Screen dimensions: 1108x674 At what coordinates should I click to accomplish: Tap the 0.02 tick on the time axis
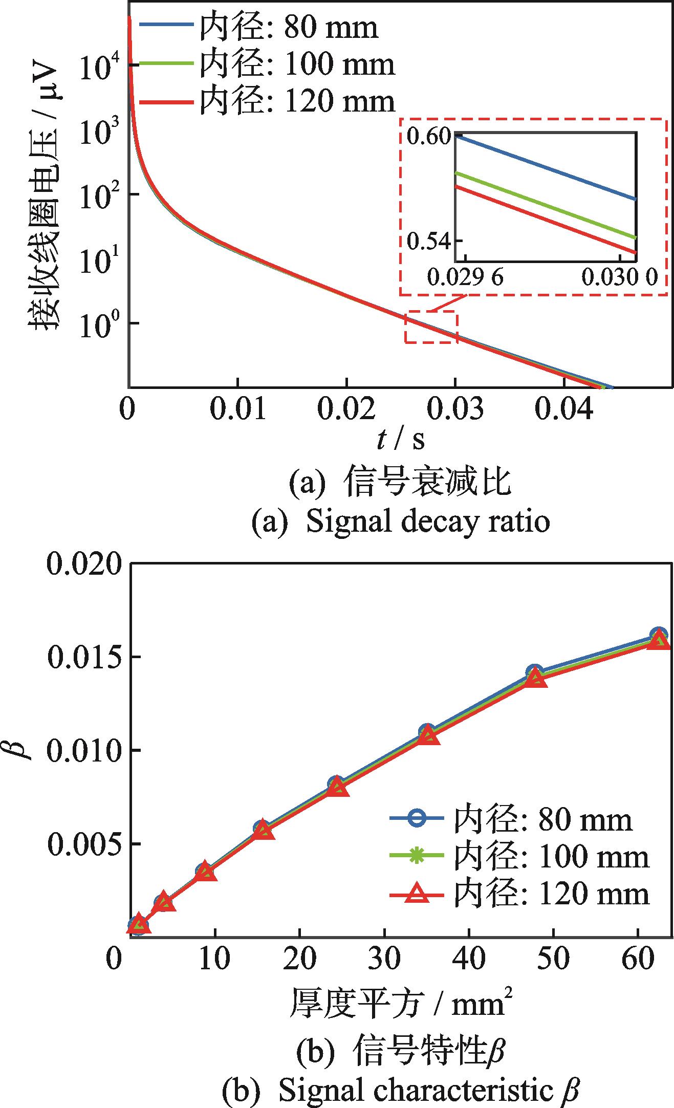pos(346,409)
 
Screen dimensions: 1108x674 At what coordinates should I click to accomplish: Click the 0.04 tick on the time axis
pos(564,409)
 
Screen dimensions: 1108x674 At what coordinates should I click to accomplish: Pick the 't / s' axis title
pos(401,439)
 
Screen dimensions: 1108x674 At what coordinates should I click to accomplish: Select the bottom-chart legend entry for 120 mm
pos(519,895)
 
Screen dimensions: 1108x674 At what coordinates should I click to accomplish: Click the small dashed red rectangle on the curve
pos(431,327)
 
